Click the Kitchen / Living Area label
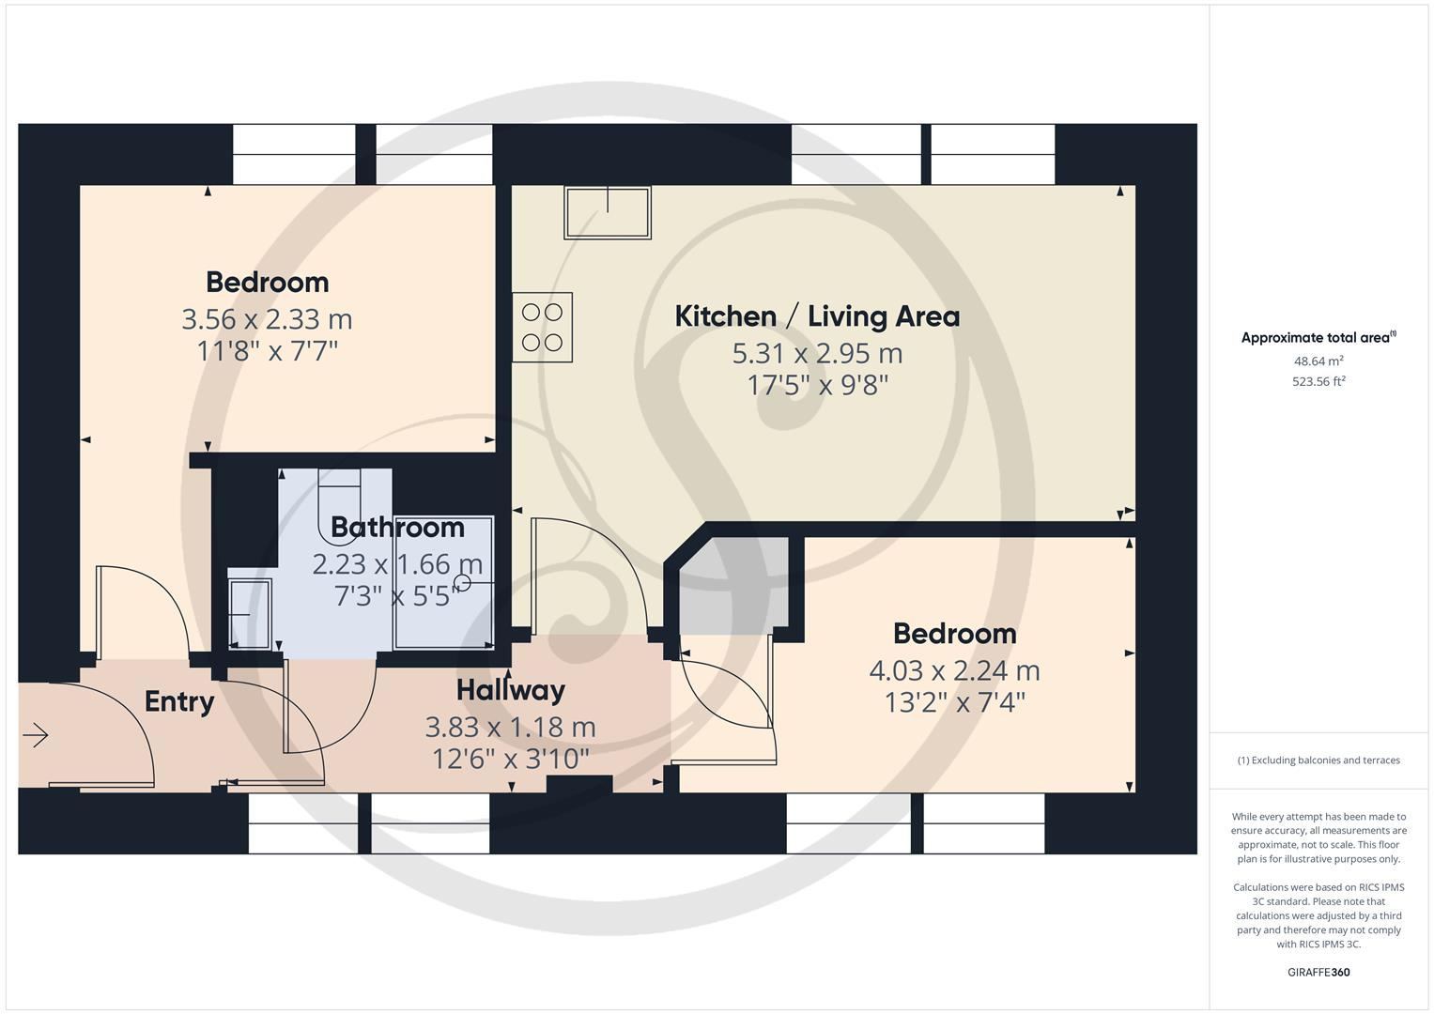point(817,316)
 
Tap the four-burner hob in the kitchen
point(542,328)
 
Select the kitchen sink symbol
point(608,212)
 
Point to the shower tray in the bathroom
point(444,582)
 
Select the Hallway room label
point(511,690)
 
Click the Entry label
point(179,701)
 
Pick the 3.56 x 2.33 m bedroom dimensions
point(267,319)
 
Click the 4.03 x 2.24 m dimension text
point(954,670)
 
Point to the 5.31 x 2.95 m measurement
point(817,354)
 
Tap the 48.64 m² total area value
point(1318,361)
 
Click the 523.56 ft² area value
point(1318,381)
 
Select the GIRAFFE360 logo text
point(1318,972)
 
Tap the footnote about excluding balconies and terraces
point(1318,760)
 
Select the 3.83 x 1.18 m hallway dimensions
point(511,728)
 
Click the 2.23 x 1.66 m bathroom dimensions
point(397,564)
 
